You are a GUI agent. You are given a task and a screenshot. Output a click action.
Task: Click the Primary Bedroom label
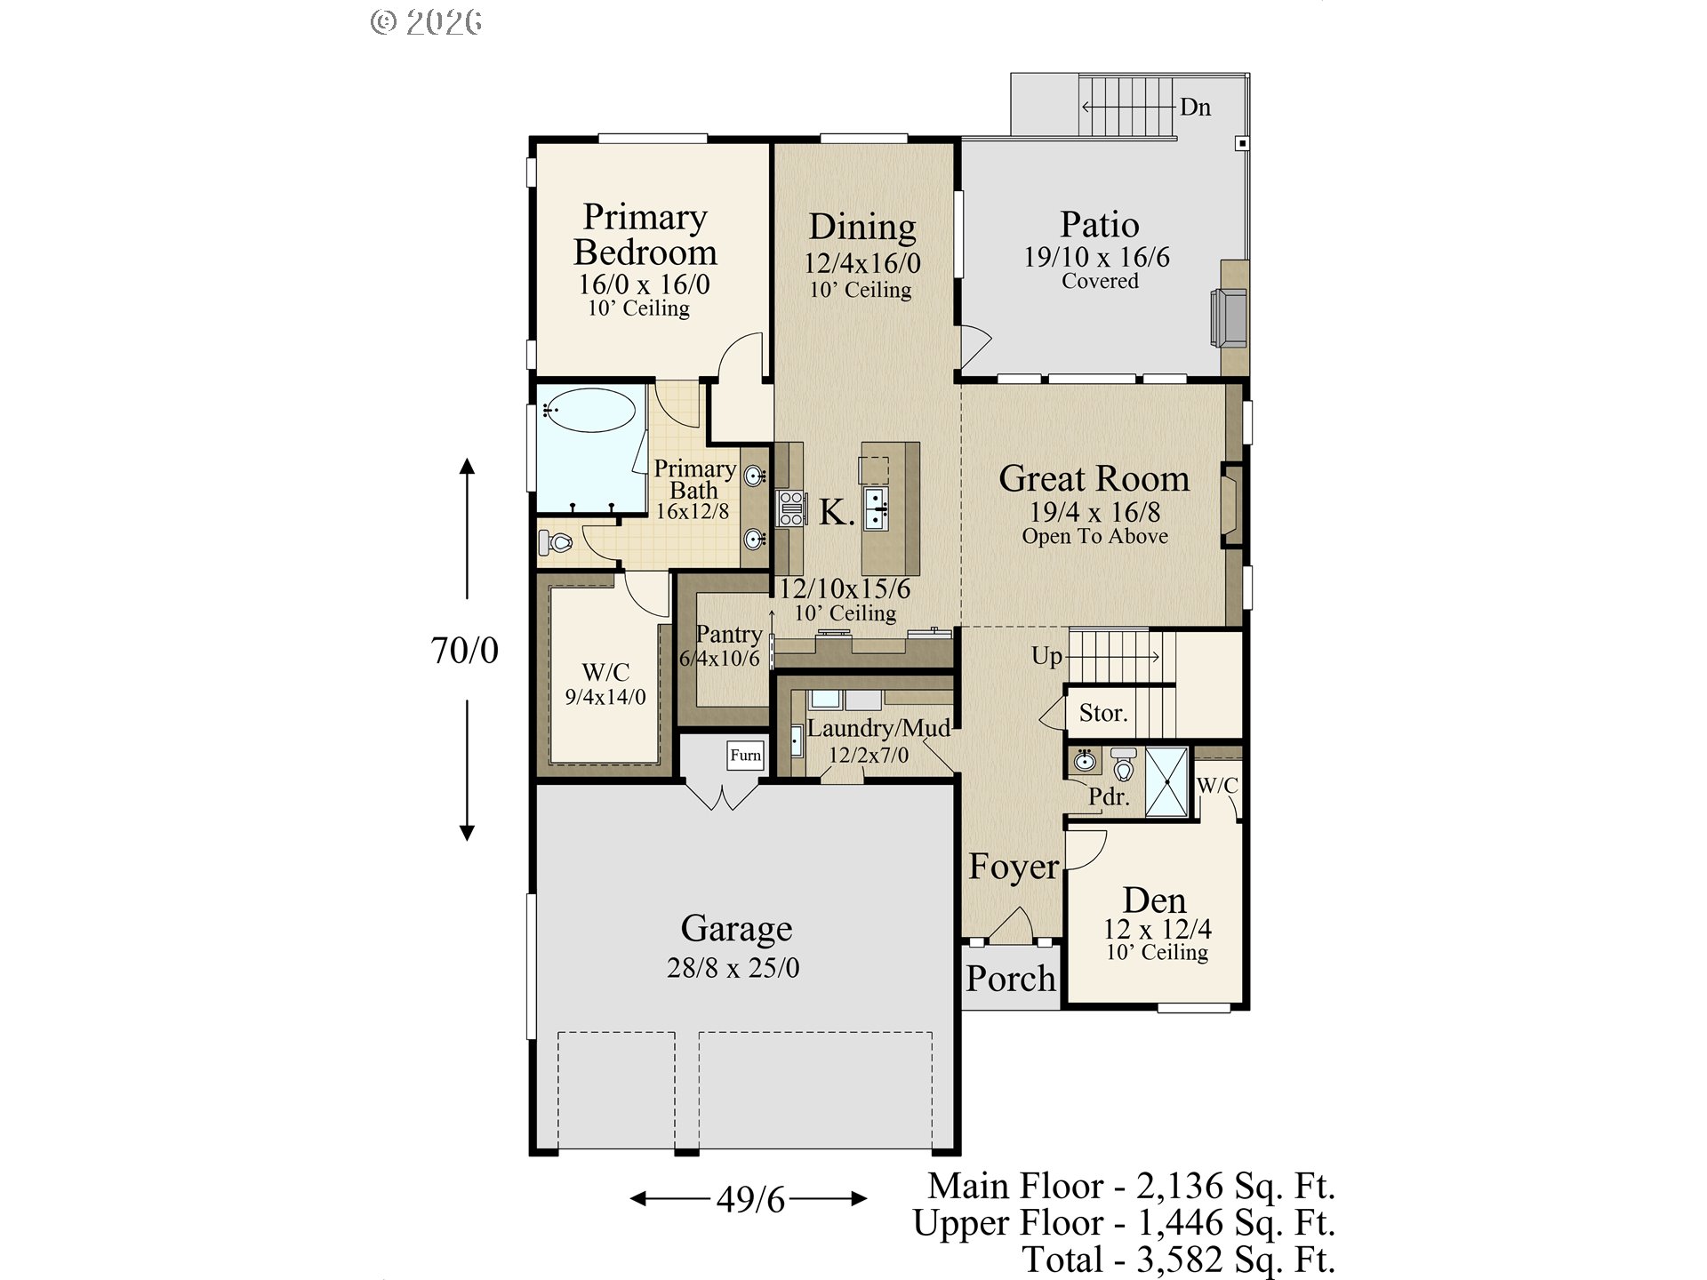[x=645, y=235]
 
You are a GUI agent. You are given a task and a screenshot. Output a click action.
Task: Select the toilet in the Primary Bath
[x=557, y=541]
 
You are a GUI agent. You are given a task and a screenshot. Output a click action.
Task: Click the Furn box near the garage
[x=745, y=755]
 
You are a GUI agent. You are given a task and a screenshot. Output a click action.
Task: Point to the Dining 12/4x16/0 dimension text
[x=862, y=263]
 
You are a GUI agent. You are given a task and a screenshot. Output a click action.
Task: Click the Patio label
[x=1099, y=224]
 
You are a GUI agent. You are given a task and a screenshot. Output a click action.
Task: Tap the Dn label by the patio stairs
[x=1195, y=108]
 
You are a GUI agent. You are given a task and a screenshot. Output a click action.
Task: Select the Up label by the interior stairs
[x=1046, y=656]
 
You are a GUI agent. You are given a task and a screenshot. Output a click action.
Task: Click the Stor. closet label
[x=1102, y=713]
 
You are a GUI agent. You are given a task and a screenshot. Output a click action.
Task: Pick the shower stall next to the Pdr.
[x=1166, y=782]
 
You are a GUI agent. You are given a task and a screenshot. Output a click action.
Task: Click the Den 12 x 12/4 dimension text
[x=1157, y=929]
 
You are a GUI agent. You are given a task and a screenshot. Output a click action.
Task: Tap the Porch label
[x=1011, y=979]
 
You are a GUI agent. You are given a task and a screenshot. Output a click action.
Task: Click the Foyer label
[x=1014, y=867]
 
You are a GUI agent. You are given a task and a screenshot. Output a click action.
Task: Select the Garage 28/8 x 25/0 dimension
[x=733, y=967]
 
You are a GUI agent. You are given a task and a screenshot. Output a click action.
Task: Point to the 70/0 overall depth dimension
[x=464, y=651]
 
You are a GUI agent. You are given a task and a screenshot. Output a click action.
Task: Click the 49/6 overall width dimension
[x=750, y=1200]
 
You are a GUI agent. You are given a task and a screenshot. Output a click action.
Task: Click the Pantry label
[x=728, y=634]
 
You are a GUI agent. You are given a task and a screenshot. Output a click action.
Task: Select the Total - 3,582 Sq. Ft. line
[x=1178, y=1260]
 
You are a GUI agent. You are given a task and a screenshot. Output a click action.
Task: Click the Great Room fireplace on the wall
[x=1231, y=504]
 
